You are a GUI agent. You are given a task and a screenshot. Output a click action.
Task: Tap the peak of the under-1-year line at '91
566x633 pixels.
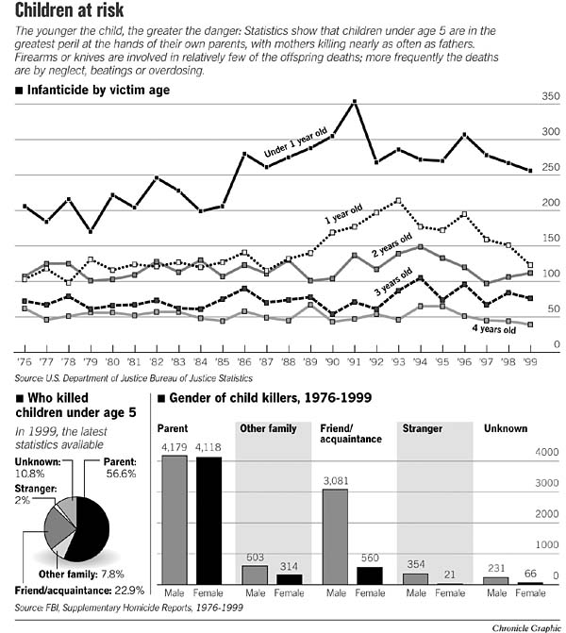354,101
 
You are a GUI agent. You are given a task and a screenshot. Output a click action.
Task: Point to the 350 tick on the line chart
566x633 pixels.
551,98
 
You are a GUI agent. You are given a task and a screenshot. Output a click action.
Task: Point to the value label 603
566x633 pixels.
255,558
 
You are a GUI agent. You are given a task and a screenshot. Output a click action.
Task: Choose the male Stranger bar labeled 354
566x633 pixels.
416,578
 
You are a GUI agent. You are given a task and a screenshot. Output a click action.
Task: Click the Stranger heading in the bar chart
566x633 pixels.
423,428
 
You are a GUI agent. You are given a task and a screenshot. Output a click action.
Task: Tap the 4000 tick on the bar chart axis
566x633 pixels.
548,453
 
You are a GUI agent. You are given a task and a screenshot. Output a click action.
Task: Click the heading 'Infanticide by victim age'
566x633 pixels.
92,92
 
